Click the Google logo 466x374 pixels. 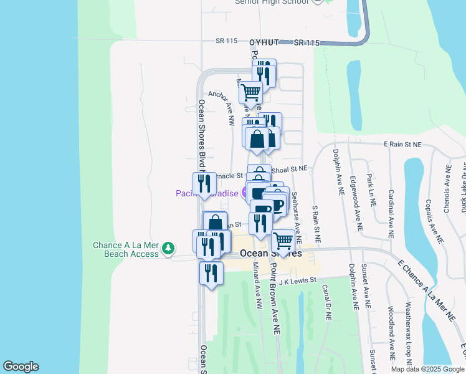coord(21,367)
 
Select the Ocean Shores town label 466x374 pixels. coord(270,254)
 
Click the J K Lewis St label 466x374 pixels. coord(298,281)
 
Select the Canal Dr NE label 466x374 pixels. coord(326,302)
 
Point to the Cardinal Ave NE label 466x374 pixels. coord(391,214)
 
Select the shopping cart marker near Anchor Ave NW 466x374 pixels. coord(251,92)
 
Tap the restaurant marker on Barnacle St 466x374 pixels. coord(204,183)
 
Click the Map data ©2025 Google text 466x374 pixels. coord(427,369)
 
